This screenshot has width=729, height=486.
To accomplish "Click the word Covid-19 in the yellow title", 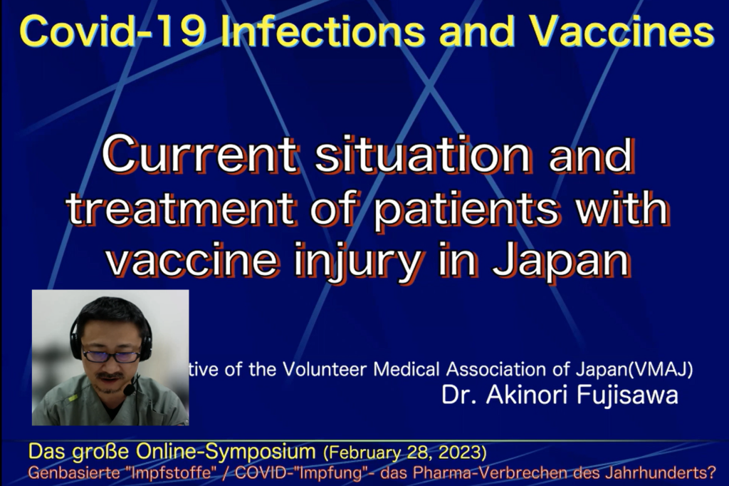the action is point(112,31).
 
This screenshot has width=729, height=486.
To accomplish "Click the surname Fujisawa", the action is point(627,395).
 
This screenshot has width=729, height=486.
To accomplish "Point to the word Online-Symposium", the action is point(226,452).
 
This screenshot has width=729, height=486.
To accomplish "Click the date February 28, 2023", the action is point(405,453).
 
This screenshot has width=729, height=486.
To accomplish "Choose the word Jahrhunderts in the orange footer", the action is point(661,473).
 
